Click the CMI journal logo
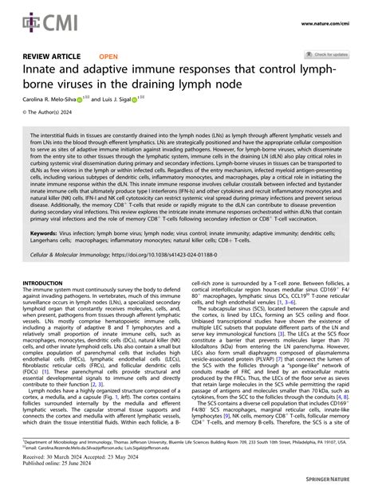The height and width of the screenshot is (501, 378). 36,17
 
